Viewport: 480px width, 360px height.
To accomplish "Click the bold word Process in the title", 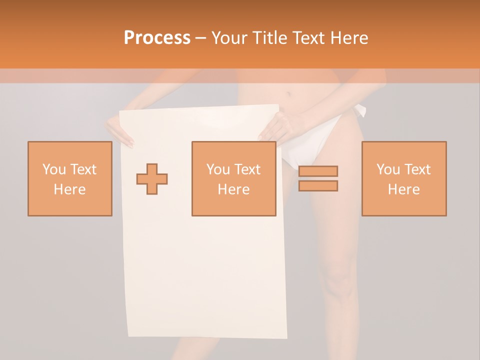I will (157, 37).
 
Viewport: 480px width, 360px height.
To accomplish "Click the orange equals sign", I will (318, 178).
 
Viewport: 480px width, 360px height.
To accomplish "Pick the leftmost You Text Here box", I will (70, 178).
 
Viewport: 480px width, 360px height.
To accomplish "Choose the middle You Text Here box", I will (233, 178).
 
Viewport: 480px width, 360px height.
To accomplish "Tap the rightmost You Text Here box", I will (403, 178).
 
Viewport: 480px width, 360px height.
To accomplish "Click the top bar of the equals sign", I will (318, 171).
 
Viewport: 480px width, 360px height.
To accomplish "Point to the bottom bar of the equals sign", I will (318, 186).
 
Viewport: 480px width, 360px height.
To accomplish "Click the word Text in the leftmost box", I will (83, 169).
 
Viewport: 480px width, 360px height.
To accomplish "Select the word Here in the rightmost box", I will (403, 189).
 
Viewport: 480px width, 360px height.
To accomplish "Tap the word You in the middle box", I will (218, 169).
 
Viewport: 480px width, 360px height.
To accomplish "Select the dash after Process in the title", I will (200, 38).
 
